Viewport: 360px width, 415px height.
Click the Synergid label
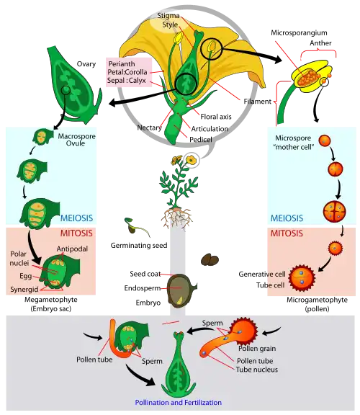click(x=25, y=287)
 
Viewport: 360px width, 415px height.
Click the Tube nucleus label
click(x=261, y=370)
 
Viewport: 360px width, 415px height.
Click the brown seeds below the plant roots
click(x=210, y=260)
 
